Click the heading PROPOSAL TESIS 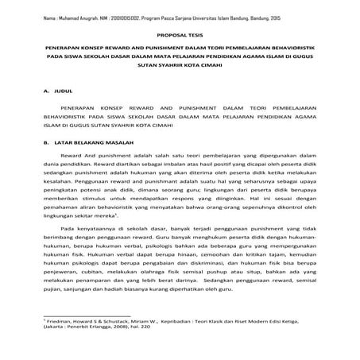pyautogui.click(x=180, y=37)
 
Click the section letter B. pyautogui.click(x=47, y=142)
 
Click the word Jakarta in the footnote pyautogui.click(x=55, y=347)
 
